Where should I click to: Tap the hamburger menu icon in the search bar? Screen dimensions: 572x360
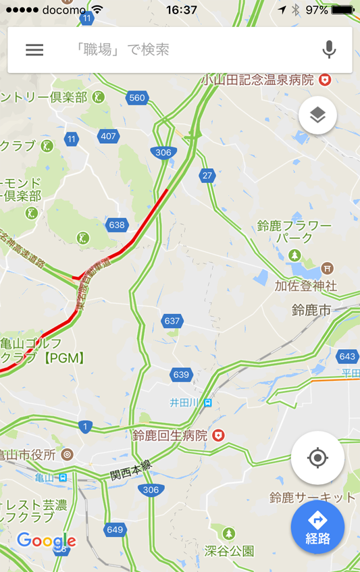point(34,49)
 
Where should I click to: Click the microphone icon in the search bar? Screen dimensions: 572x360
point(329,49)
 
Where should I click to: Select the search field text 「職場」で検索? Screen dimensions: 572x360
point(122,49)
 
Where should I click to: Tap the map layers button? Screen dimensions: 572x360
point(317,115)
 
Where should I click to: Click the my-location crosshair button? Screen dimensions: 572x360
point(317,459)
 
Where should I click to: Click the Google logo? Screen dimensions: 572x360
point(46,540)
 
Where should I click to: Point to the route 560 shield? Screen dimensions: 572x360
point(137,98)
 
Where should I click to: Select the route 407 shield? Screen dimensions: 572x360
point(108,136)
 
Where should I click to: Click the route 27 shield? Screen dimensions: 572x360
point(207,176)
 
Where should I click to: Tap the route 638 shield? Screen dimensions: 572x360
point(117,224)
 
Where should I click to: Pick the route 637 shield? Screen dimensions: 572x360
point(172,320)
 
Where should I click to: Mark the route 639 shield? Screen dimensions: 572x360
point(181,374)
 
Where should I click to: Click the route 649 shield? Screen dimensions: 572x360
point(115,529)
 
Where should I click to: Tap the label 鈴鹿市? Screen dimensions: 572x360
point(311,310)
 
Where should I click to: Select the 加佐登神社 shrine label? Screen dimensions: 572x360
point(305,286)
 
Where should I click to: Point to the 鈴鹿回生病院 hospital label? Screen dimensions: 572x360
point(170,436)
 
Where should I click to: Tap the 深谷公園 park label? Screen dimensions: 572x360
point(230,550)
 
